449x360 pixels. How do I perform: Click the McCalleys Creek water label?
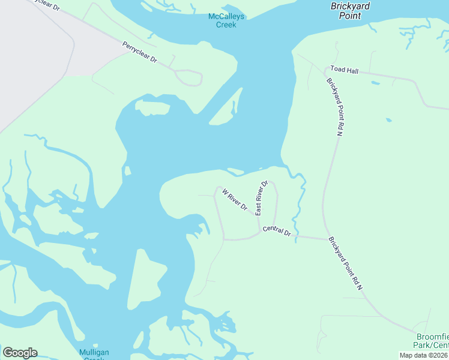tap(222, 20)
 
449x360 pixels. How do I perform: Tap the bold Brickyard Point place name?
tap(351, 11)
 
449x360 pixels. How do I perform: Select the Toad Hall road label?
tap(344, 71)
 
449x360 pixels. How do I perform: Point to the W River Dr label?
tap(235, 200)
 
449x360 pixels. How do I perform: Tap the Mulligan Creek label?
tap(94, 354)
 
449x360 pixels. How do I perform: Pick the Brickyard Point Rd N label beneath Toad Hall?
tap(334, 107)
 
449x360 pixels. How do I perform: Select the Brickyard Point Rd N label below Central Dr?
tap(346, 264)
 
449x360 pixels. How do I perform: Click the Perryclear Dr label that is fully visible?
tap(139, 52)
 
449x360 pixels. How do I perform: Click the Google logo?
tap(20, 352)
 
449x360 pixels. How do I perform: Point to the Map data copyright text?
tap(424, 355)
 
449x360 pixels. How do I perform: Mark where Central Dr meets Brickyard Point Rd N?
tap(325, 239)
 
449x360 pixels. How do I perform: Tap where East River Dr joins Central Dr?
tap(260, 230)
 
